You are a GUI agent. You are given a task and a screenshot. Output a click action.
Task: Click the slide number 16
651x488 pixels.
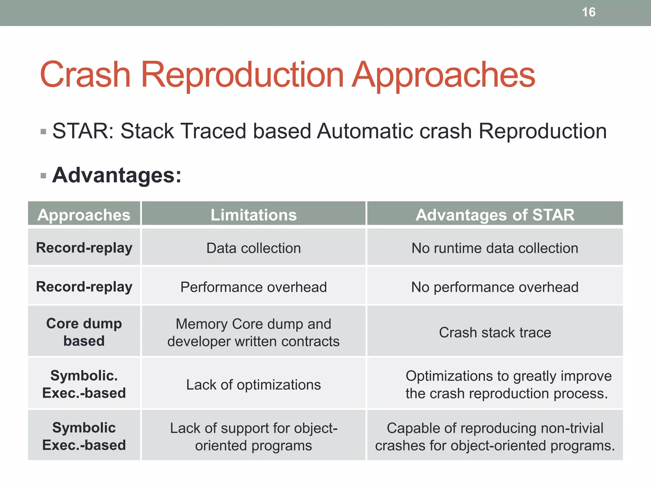pos(588,12)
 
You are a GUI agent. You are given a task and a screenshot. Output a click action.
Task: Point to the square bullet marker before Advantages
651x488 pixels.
pos(44,176)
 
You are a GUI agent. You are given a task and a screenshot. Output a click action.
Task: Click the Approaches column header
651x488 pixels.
pos(84,215)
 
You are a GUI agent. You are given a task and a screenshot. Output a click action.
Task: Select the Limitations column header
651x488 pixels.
pos(254,215)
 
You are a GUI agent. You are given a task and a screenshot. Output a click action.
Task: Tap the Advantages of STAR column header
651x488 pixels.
pos(495,215)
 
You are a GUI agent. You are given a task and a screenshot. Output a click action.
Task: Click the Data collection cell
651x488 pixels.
pos(254,248)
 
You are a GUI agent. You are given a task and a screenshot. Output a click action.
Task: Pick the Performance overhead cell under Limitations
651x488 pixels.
pos(254,287)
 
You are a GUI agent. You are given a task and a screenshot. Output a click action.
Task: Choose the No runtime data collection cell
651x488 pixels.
pos(495,248)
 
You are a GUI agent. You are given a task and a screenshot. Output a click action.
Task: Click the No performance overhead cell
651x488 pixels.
pos(495,287)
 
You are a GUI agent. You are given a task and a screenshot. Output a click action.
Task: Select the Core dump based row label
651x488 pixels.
pos(84,332)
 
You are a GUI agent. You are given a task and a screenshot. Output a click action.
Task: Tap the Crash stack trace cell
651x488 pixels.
pos(495,332)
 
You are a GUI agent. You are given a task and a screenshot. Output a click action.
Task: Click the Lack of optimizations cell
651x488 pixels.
pos(254,384)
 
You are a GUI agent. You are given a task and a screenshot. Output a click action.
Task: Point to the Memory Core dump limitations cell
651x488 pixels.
pos(254,332)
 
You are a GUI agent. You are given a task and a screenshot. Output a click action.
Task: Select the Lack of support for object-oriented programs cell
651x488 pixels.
pos(254,437)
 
